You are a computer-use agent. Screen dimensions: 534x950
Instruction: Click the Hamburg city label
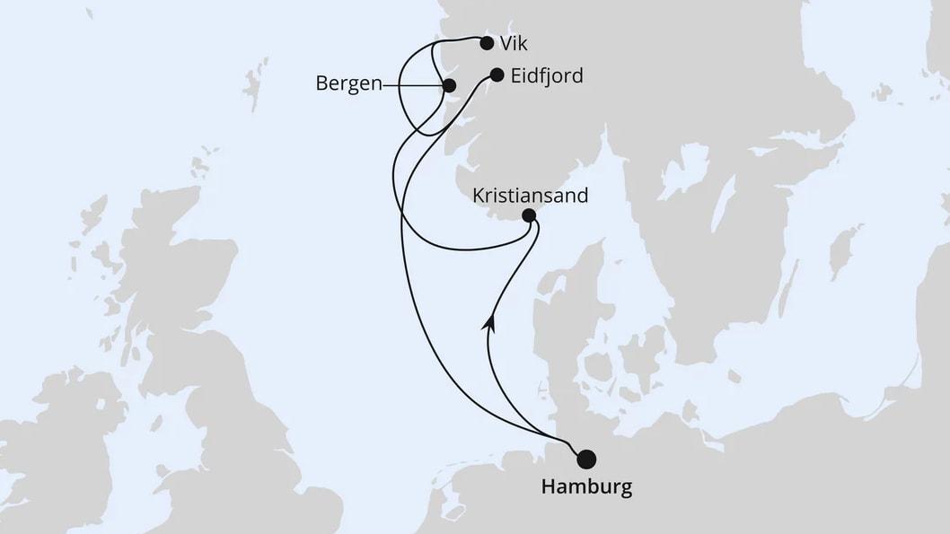click(585, 488)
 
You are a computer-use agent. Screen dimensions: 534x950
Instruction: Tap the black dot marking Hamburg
click(586, 460)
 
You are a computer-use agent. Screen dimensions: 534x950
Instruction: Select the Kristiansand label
click(532, 195)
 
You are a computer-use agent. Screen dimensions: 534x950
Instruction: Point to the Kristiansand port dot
click(529, 215)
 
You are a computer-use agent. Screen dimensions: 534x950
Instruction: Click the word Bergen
click(348, 83)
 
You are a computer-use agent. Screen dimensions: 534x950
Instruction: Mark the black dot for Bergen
click(450, 85)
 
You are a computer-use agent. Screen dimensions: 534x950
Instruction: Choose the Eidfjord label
click(546, 76)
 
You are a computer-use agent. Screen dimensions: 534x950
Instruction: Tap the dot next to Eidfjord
click(497, 75)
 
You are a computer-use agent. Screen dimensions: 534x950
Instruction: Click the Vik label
click(515, 43)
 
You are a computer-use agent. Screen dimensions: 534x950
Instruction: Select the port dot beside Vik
click(487, 42)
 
